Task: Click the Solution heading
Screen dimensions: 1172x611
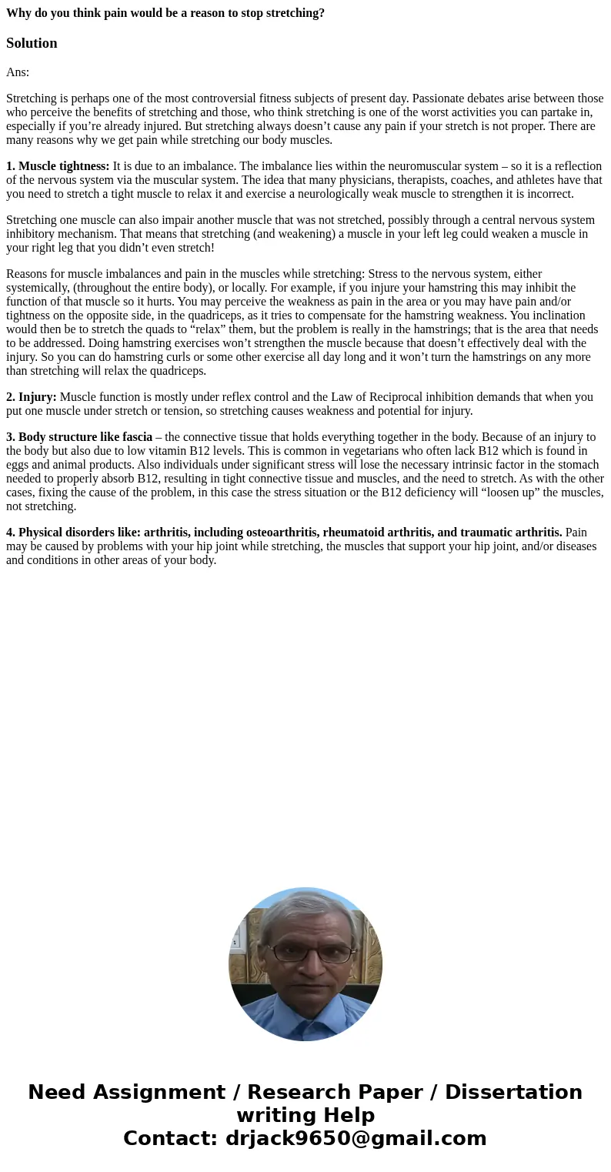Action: pos(32,43)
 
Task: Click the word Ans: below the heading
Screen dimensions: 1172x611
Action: pos(18,72)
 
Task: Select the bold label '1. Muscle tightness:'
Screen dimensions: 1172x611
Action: pos(58,166)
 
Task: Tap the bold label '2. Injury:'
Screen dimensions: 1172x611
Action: pos(32,397)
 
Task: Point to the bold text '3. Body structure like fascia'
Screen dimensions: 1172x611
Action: pos(79,437)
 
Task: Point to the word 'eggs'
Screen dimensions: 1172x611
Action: pos(18,465)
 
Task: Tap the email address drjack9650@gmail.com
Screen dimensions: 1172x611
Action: pos(356,1139)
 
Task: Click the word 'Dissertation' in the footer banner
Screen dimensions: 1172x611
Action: pos(513,1093)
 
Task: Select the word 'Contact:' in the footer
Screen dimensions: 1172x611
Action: pos(171,1139)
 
